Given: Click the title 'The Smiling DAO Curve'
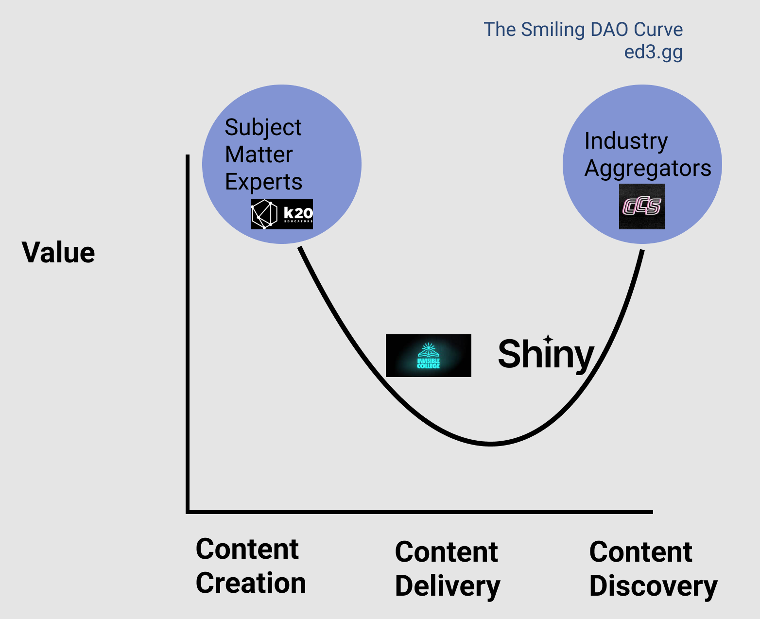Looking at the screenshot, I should [583, 30].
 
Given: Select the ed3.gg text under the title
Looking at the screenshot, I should [653, 52].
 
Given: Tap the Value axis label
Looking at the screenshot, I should [58, 253].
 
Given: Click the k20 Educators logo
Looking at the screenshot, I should [282, 214].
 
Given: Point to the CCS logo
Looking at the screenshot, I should [641, 206].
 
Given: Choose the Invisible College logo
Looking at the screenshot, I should [428, 356].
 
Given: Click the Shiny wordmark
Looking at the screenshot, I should [546, 354].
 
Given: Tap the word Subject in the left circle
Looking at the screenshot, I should [263, 128].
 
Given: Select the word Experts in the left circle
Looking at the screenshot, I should [263, 182].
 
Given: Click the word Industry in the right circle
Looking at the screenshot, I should [626, 141].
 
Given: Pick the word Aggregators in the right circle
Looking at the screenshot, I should [648, 169].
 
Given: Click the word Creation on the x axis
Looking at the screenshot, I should [251, 583].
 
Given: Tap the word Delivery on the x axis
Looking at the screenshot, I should [448, 586].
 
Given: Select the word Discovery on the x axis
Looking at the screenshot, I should [653, 586].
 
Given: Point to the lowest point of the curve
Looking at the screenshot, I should [491, 444].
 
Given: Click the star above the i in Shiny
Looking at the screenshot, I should [548, 339].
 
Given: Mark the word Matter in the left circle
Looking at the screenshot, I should [259, 155].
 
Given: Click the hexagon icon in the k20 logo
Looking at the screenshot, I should [264, 214].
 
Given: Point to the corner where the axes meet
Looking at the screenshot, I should [188, 512].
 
